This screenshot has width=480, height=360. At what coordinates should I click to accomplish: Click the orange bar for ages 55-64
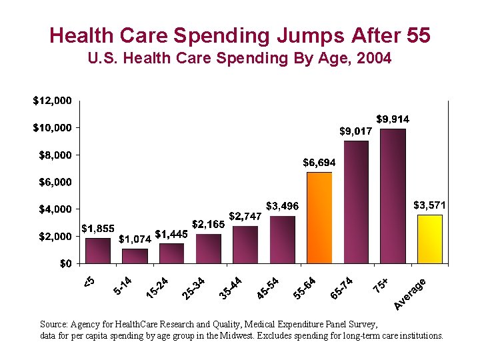[319, 217]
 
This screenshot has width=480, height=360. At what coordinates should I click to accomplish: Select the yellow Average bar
[429, 239]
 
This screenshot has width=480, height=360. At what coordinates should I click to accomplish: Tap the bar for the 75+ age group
[393, 196]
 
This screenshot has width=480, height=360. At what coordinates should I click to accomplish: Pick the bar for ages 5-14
[135, 256]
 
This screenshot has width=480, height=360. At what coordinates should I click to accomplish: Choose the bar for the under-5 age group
[98, 251]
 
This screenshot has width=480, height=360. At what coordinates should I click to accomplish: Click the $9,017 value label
[357, 131]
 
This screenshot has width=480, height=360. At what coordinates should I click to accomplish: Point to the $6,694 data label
[319, 162]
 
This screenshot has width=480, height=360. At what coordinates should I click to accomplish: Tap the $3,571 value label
[430, 205]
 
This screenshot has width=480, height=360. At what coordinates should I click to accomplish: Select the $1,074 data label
[135, 239]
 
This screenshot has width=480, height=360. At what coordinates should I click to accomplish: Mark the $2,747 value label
[245, 216]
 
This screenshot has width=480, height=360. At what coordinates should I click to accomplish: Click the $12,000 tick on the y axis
[52, 101]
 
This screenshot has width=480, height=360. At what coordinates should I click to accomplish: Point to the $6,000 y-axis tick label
[55, 182]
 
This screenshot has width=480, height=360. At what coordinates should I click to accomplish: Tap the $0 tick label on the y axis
[64, 263]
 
